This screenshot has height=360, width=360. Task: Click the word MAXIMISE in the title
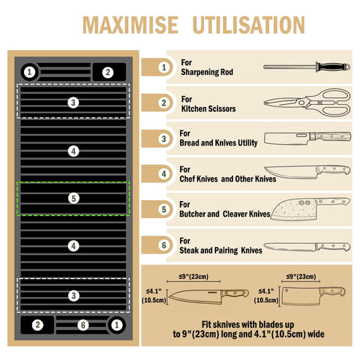(130, 25)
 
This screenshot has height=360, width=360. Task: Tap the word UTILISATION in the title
(249, 25)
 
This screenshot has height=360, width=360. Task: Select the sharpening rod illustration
(307, 67)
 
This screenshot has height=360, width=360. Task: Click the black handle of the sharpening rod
(331, 67)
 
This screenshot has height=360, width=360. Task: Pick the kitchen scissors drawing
(307, 102)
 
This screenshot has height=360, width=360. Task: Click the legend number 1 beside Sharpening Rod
(163, 67)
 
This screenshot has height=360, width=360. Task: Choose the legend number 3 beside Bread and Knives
(163, 139)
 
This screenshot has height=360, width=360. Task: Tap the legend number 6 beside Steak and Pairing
(163, 245)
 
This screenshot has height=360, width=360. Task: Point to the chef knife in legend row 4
(307, 172)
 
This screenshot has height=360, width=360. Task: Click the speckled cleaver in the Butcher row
(310, 209)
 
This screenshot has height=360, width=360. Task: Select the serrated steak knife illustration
(307, 247)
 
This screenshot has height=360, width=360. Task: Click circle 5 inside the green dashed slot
(73, 198)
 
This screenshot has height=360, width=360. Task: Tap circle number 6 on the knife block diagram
(82, 325)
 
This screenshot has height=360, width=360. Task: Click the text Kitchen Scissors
(208, 109)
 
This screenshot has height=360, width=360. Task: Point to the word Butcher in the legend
(192, 214)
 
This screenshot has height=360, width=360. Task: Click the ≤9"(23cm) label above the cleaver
(301, 277)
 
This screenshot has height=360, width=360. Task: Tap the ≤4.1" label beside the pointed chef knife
(154, 291)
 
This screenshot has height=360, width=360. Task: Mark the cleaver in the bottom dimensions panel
(313, 295)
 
